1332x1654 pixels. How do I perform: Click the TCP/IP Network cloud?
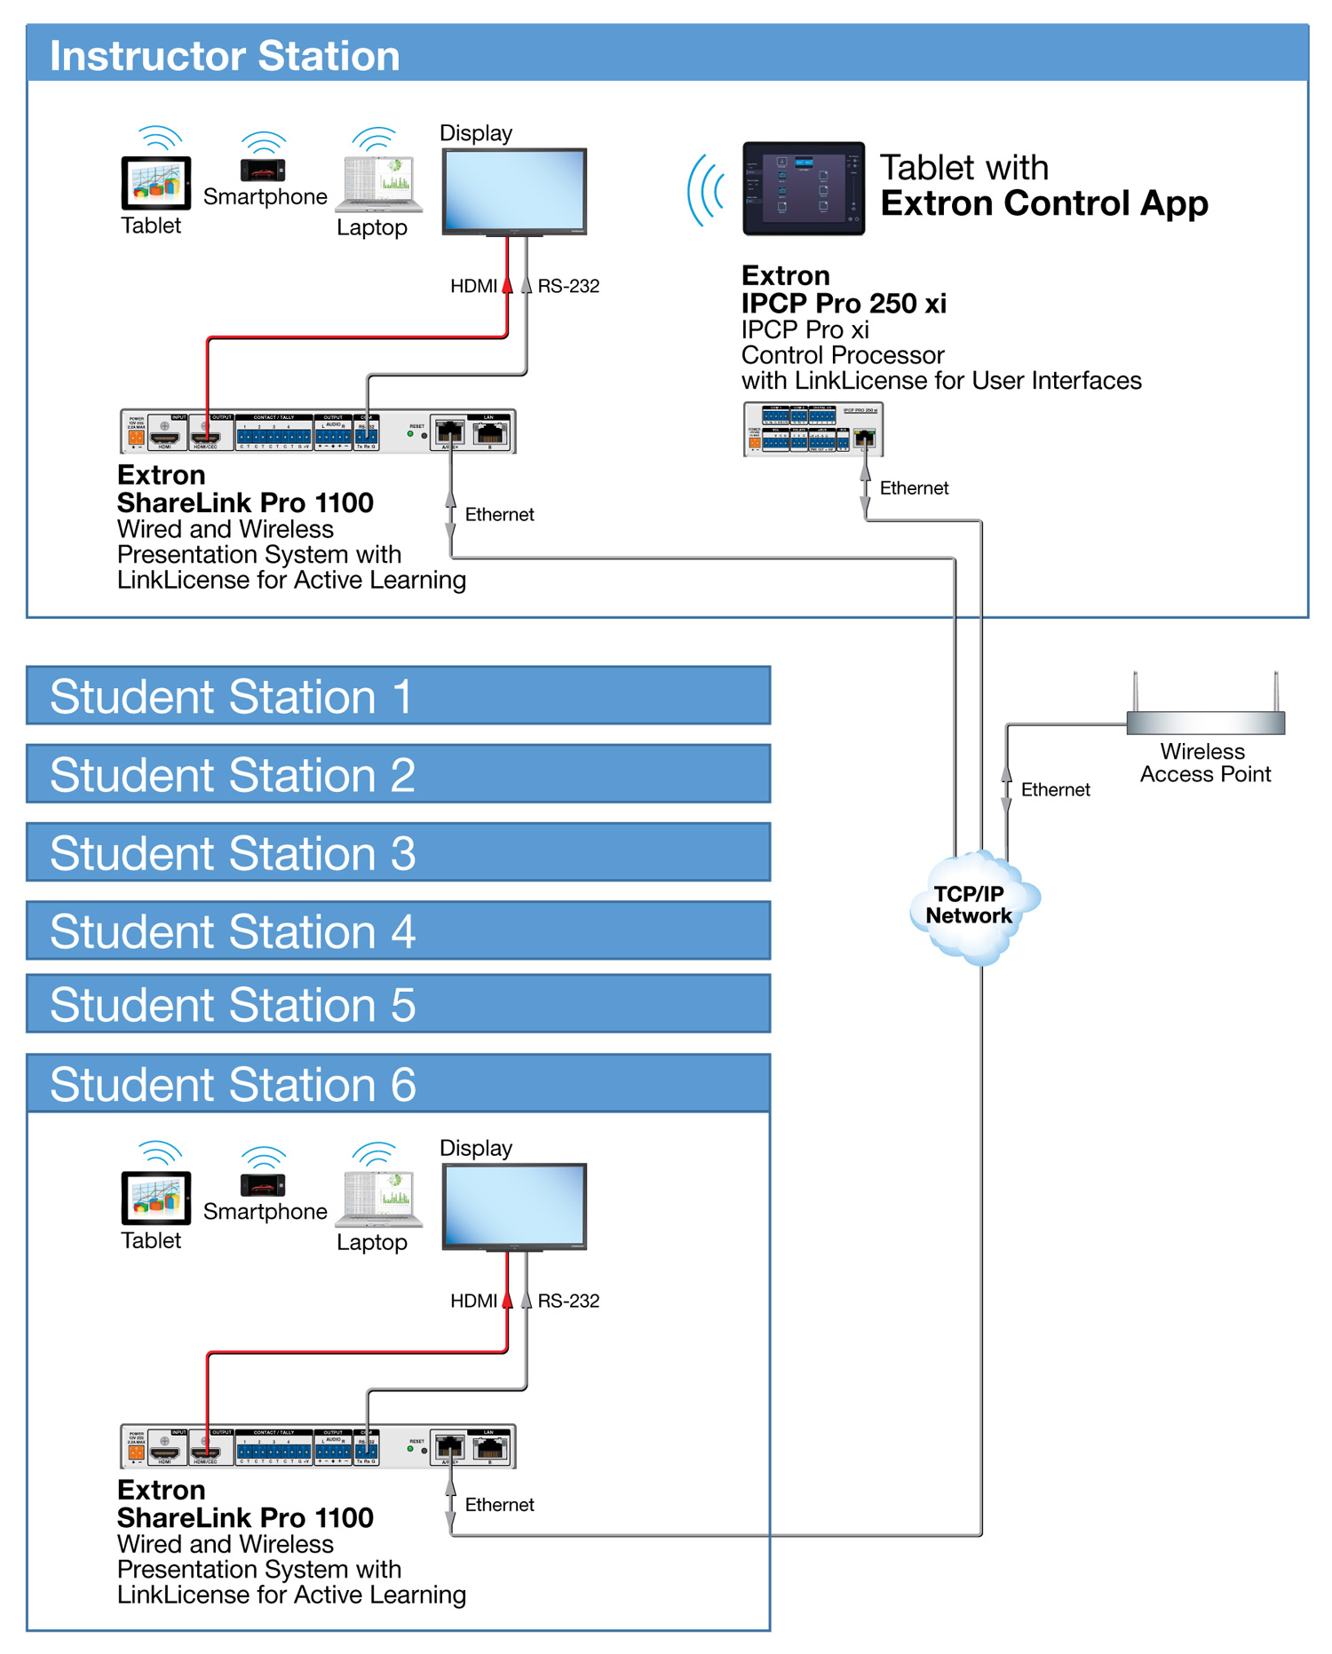pos(971,906)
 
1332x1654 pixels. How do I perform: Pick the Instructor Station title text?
pos(225,56)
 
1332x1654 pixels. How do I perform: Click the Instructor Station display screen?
pos(514,189)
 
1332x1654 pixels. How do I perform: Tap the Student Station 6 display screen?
pos(514,1205)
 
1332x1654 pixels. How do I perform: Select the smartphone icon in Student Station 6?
pos(263,1184)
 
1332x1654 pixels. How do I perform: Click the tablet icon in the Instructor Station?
pos(155,182)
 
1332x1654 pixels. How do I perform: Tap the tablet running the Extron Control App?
pos(803,188)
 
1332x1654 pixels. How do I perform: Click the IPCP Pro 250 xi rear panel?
pos(813,430)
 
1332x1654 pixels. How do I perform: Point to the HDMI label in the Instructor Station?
pos(473,287)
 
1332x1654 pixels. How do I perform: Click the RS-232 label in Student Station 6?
pos(568,1302)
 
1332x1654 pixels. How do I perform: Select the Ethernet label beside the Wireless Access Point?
pos(1055,790)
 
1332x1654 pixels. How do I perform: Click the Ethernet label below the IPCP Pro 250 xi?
pos(914,488)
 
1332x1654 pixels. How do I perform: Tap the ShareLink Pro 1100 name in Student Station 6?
pos(245,1518)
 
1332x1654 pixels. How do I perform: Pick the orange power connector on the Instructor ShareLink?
pos(136,437)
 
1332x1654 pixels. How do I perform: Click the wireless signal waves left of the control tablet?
pos(707,190)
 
